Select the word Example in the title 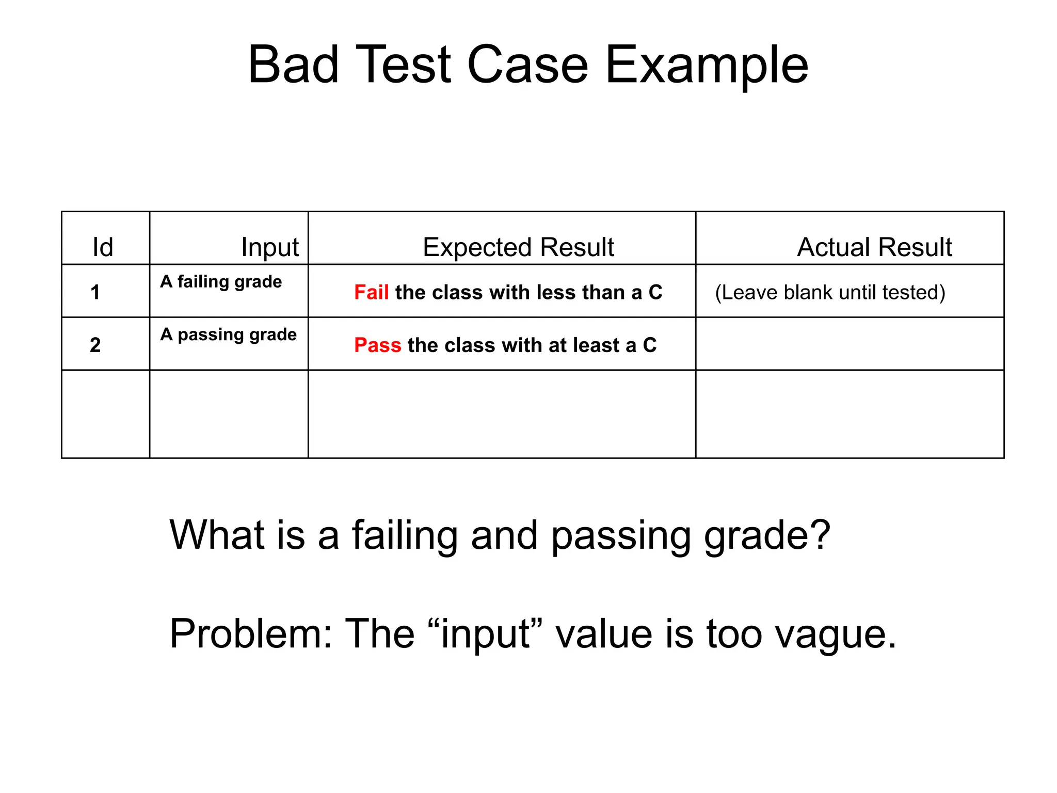tap(707, 66)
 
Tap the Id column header tap(103, 247)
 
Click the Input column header tap(270, 247)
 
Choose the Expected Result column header tap(518, 247)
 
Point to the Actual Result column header tap(874, 247)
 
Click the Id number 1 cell tap(95, 292)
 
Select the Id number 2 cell tap(95, 345)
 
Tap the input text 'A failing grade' tap(221, 282)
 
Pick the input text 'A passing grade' tap(228, 335)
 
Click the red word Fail tap(371, 292)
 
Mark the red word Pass tap(377, 345)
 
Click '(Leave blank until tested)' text tap(830, 292)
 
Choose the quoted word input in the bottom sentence tap(485, 635)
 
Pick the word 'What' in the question tap(217, 534)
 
